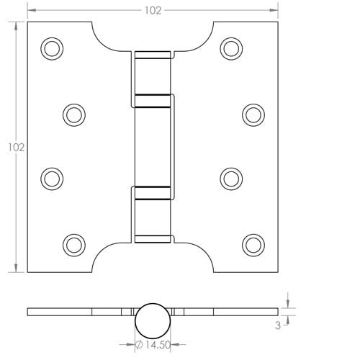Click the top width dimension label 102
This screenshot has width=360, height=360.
point(153,10)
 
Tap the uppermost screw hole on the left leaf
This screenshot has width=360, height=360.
point(50,48)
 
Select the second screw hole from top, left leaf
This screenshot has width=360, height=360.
point(73,113)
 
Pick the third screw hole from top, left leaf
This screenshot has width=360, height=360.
point(50,177)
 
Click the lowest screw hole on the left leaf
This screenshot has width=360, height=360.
point(73,242)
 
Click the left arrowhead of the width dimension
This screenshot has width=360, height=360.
point(30,11)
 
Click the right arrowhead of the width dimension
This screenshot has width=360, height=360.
point(274,11)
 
